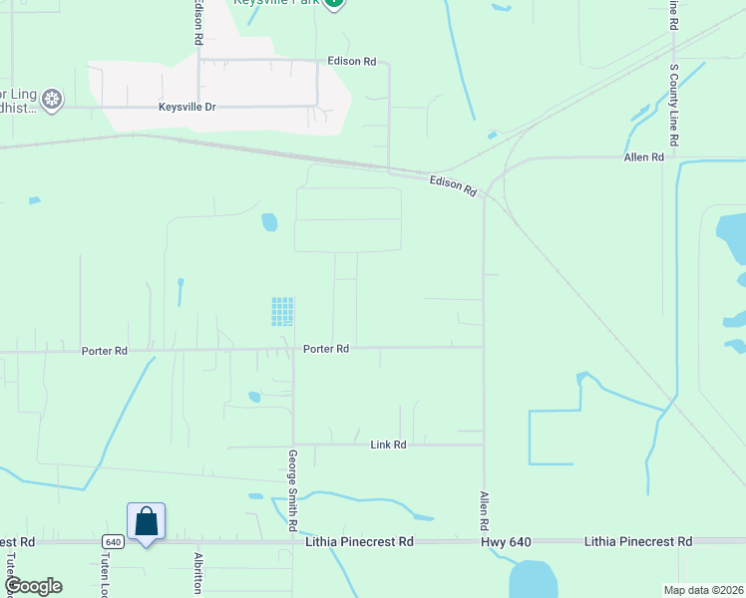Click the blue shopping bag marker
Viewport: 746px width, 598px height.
click(x=146, y=521)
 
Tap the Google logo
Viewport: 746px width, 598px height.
click(x=32, y=586)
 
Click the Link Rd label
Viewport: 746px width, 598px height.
click(x=388, y=445)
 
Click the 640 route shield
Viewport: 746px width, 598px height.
click(x=112, y=542)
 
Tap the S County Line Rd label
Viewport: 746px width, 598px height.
click(x=674, y=106)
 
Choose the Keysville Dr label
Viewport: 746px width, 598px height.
click(x=187, y=107)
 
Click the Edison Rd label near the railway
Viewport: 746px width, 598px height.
click(x=453, y=184)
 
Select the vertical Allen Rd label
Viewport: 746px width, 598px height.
click(x=485, y=510)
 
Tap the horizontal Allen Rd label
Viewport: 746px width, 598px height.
click(x=643, y=157)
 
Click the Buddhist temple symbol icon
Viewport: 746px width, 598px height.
click(x=52, y=98)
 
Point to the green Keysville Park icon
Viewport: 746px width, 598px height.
click(x=335, y=3)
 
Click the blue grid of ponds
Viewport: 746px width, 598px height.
click(x=282, y=312)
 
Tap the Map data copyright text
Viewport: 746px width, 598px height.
click(x=689, y=590)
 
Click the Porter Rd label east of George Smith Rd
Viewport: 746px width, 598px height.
click(x=326, y=349)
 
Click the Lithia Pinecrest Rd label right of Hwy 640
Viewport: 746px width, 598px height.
click(x=637, y=542)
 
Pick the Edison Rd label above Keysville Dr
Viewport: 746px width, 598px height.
click(x=351, y=62)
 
